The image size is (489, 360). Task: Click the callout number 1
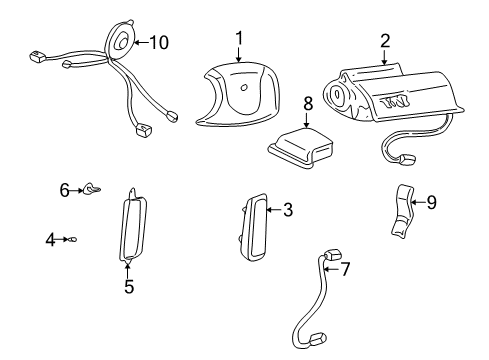click(x=239, y=38)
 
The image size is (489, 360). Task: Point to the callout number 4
click(x=49, y=238)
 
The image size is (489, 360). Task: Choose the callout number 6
click(x=63, y=188)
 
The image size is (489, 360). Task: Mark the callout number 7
click(x=345, y=269)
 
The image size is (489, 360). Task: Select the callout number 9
click(x=431, y=202)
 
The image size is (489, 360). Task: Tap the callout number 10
click(x=159, y=42)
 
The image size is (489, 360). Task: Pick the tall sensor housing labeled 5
click(x=133, y=227)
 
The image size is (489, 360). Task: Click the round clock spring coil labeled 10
click(x=122, y=42)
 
